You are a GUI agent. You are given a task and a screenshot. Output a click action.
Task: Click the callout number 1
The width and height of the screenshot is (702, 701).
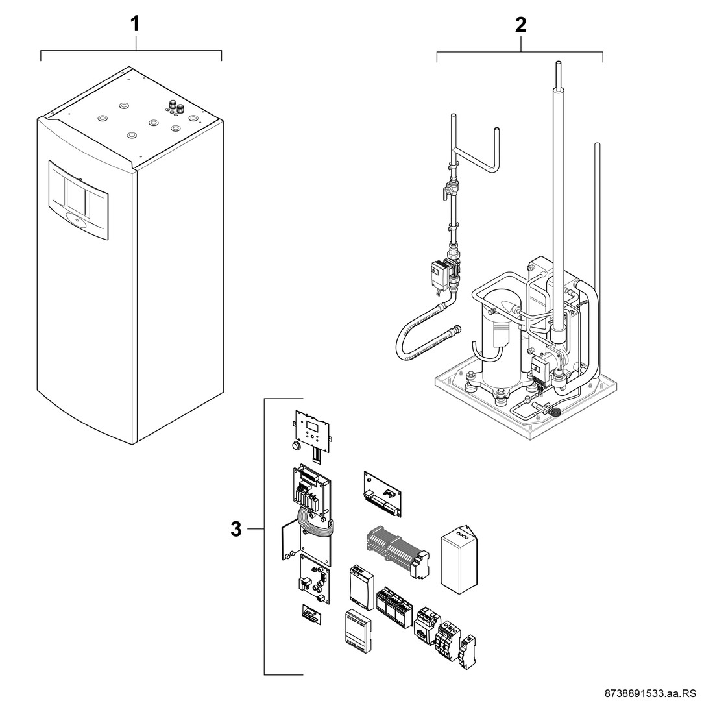click(x=136, y=25)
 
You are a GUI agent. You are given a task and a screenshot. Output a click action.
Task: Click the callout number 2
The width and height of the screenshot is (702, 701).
click(x=520, y=25)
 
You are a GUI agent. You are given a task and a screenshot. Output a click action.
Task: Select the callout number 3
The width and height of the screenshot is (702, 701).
click(x=237, y=530)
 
